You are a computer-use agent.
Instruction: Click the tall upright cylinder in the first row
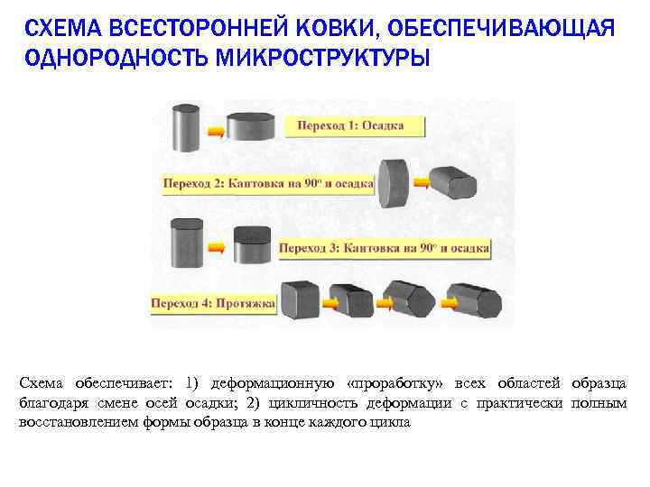[187, 127]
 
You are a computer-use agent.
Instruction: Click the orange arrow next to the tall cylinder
[216, 131]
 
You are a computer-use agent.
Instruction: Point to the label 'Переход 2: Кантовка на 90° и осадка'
[268, 183]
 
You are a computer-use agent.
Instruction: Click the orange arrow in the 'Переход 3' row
[218, 246]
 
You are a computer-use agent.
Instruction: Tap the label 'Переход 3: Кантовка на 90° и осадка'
[384, 246]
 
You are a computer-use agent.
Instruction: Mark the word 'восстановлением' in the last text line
[78, 421]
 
